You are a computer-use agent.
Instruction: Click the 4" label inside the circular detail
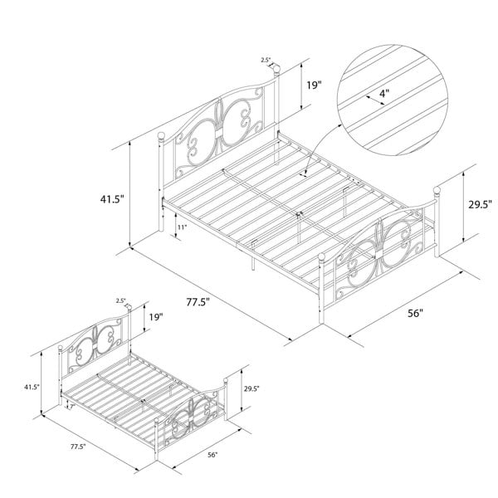(x=384, y=94)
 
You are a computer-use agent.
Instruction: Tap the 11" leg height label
(x=182, y=227)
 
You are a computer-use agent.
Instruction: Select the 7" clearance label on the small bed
(x=71, y=406)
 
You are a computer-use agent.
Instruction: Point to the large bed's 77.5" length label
(x=198, y=302)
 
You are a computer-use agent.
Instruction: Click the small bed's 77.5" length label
(x=78, y=447)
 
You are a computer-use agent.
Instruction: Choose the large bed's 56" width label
(x=416, y=314)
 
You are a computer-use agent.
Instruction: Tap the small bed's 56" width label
(x=212, y=455)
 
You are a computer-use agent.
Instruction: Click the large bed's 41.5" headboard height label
(x=112, y=199)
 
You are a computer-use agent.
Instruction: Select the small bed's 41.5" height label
(x=32, y=387)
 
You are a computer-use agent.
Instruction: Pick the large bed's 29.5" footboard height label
(x=481, y=204)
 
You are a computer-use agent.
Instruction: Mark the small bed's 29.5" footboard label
(x=251, y=388)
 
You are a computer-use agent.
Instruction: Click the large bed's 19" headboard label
(x=314, y=85)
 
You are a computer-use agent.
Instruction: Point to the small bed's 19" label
(x=156, y=317)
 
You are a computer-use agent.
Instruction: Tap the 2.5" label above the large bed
(x=266, y=60)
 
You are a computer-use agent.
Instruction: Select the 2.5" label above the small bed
(x=120, y=300)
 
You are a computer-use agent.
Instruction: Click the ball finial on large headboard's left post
(x=162, y=137)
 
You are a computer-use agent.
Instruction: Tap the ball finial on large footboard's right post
(x=437, y=191)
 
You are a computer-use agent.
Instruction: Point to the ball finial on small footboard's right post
(x=226, y=380)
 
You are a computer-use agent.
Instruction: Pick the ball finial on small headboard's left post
(x=61, y=348)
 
